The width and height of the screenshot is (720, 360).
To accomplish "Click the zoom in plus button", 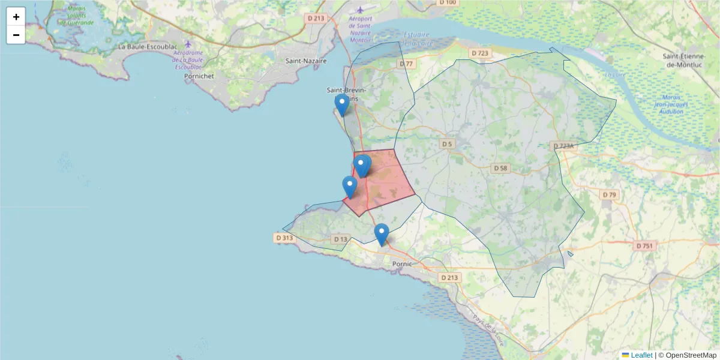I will pos(16,17).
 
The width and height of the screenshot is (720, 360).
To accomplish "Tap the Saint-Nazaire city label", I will pos(306,61).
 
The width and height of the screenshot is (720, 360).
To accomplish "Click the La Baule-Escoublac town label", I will pos(146,46).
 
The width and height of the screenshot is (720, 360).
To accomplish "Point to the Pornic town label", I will pos(402,264).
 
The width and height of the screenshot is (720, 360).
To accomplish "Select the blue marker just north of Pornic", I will pos(381,234).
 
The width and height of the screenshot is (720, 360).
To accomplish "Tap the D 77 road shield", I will pos(406,64).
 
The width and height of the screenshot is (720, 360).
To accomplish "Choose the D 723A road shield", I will pos(563,146).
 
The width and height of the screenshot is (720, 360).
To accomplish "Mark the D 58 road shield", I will pos(500,169).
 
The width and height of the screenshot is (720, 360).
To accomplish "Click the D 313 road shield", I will pos(284,238).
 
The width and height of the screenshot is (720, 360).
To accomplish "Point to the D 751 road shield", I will pos(646,246).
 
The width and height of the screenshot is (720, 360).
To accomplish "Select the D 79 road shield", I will pos(609,195).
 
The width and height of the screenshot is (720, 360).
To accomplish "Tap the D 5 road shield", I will pos(446,144).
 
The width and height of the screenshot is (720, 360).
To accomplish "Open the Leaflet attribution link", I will pos(641,355).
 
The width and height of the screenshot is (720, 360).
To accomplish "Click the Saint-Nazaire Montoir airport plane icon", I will pos(360,9).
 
